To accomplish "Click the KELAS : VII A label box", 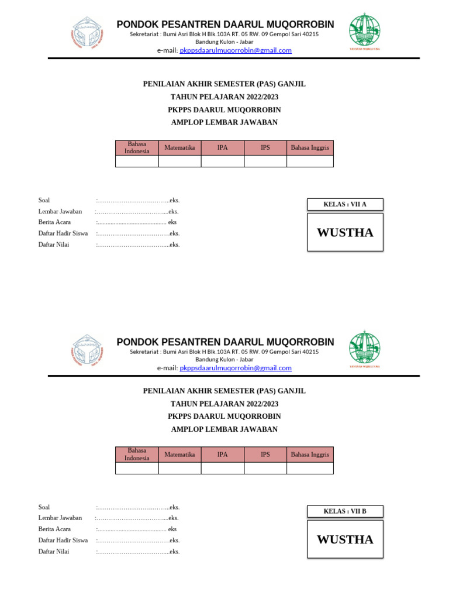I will pos(345,204).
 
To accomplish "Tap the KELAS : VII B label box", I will pos(345,511).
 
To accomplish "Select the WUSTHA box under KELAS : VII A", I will pos(345,232).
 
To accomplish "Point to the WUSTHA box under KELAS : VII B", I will pos(345,539).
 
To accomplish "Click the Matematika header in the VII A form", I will pos(179,147).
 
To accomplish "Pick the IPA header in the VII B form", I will pos(222,455).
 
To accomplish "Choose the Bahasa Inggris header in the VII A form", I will pos(310,147).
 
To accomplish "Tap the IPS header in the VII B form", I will pos(265,455).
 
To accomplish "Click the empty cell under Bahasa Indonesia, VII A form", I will pos(137,161).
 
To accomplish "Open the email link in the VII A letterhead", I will pos(235,50).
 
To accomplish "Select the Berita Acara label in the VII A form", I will pos(54,222).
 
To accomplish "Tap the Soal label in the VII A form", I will pos(44,200).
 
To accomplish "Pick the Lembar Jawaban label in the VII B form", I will pos(60,518).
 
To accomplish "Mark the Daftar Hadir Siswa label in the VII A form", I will pos(63,233).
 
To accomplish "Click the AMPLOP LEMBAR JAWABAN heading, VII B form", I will pos(224,429).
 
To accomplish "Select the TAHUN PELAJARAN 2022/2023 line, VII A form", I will pos(224,97).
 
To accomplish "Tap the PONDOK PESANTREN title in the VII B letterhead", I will pos(225,342).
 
